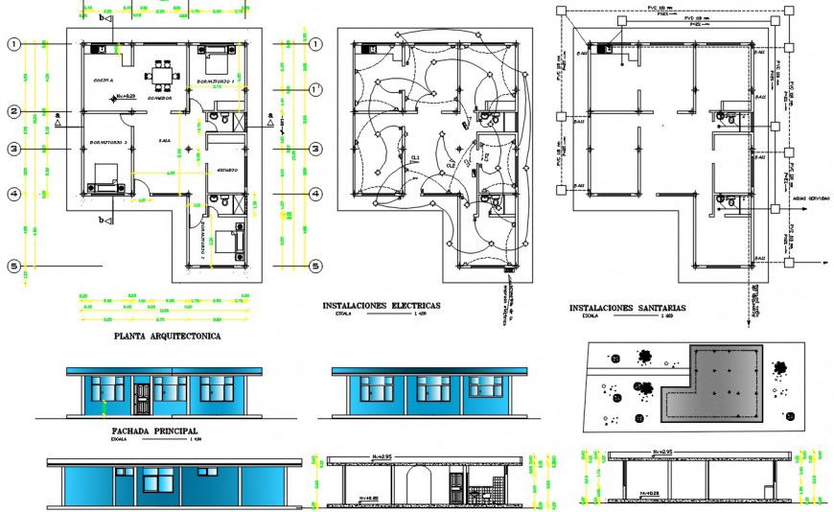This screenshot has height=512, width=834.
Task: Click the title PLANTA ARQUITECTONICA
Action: click(x=167, y=337)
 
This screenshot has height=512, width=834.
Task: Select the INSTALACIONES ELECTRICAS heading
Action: click(x=382, y=305)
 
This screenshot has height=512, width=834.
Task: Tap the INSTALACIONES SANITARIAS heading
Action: click(x=627, y=309)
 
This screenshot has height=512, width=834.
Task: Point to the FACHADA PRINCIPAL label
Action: click(x=154, y=431)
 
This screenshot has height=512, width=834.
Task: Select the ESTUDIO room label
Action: click(x=227, y=170)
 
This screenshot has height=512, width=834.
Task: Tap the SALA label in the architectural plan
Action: click(x=165, y=141)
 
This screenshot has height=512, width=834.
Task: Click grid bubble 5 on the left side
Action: click(x=14, y=267)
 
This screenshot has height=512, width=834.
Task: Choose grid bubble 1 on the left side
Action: click(x=14, y=44)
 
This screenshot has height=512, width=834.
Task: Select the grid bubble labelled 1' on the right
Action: click(x=314, y=89)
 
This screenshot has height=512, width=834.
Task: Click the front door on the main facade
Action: click(x=142, y=397)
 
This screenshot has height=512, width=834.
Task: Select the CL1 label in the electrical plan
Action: click(x=416, y=158)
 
